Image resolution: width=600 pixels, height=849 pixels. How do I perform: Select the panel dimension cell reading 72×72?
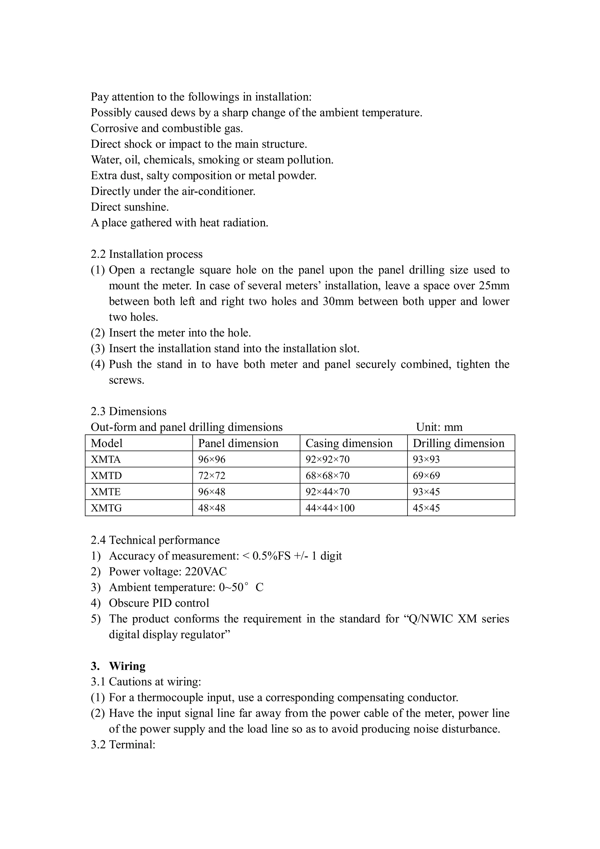tap(212, 475)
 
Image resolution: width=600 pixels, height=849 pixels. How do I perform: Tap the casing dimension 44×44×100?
tap(330, 508)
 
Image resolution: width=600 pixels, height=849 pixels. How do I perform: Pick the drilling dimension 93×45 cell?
tap(426, 492)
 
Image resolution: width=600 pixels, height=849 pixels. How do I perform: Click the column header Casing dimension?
tap(349, 443)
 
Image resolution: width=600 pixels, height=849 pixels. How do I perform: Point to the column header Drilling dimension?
tap(458, 443)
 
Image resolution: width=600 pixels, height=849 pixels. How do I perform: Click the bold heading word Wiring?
tap(127, 666)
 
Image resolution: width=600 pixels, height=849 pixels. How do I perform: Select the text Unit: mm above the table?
tap(439, 427)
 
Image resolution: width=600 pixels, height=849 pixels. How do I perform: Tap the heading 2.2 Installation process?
tap(146, 254)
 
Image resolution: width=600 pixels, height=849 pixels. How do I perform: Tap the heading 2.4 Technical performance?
tap(155, 540)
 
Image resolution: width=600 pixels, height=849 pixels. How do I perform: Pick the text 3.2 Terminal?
tap(123, 744)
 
